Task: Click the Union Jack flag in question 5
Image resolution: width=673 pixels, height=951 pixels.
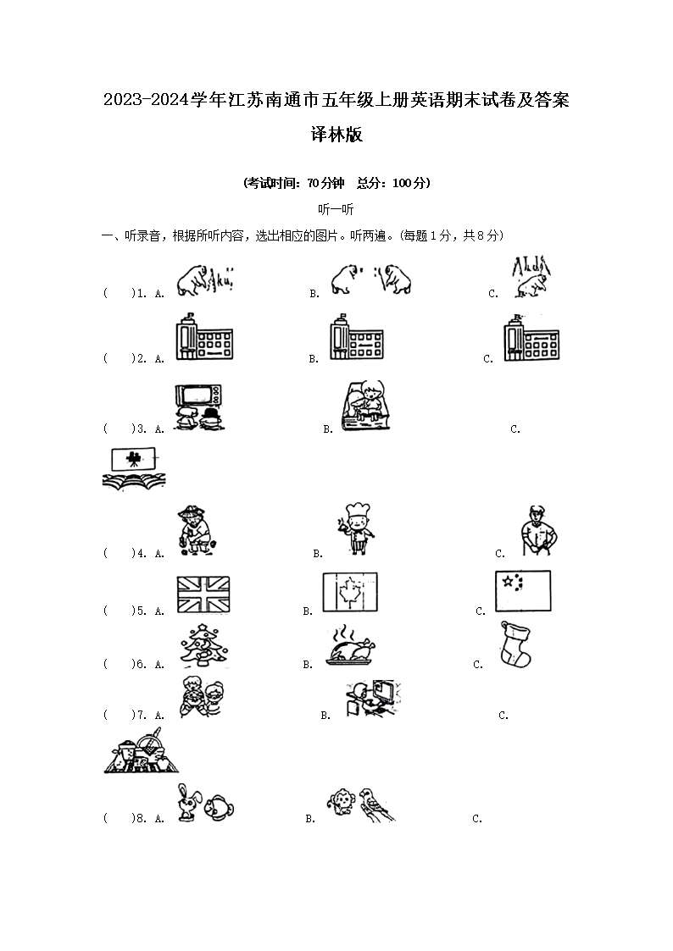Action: click(203, 594)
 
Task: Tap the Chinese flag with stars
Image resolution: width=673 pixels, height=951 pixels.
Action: click(522, 590)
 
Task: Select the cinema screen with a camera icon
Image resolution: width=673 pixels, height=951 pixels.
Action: click(134, 469)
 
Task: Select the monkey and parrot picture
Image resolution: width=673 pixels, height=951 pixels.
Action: click(360, 804)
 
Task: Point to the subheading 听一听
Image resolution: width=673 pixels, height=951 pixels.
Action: click(336, 210)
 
